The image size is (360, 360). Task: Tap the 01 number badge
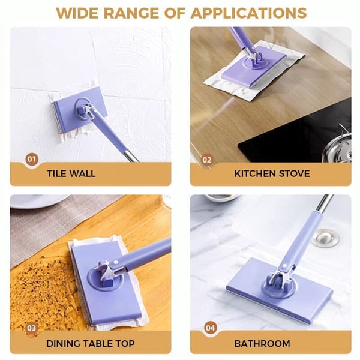coord(31,160)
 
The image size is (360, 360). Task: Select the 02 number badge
coord(207,160)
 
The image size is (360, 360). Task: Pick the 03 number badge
coord(31,328)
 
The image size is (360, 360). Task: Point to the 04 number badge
coord(209,328)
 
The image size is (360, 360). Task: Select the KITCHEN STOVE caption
coord(272,174)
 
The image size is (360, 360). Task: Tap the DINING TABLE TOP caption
coord(90,344)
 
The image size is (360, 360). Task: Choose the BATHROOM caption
coord(262,344)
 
